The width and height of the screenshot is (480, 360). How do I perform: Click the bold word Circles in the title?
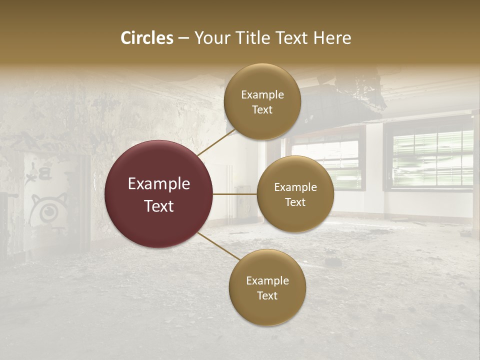pos(147,38)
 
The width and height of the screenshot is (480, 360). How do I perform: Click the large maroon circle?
pos(158,194)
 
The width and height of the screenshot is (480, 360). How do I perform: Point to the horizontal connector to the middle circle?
pos(235,194)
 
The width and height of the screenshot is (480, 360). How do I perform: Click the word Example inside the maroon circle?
pos(158,184)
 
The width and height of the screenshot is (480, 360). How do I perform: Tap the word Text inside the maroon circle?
pos(158,206)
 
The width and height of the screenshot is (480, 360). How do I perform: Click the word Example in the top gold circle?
pos(262,94)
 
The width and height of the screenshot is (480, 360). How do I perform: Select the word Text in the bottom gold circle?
pos(267,295)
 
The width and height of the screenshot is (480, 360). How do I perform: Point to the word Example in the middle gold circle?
pos(295,187)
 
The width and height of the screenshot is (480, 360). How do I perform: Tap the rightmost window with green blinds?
pos(432,157)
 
